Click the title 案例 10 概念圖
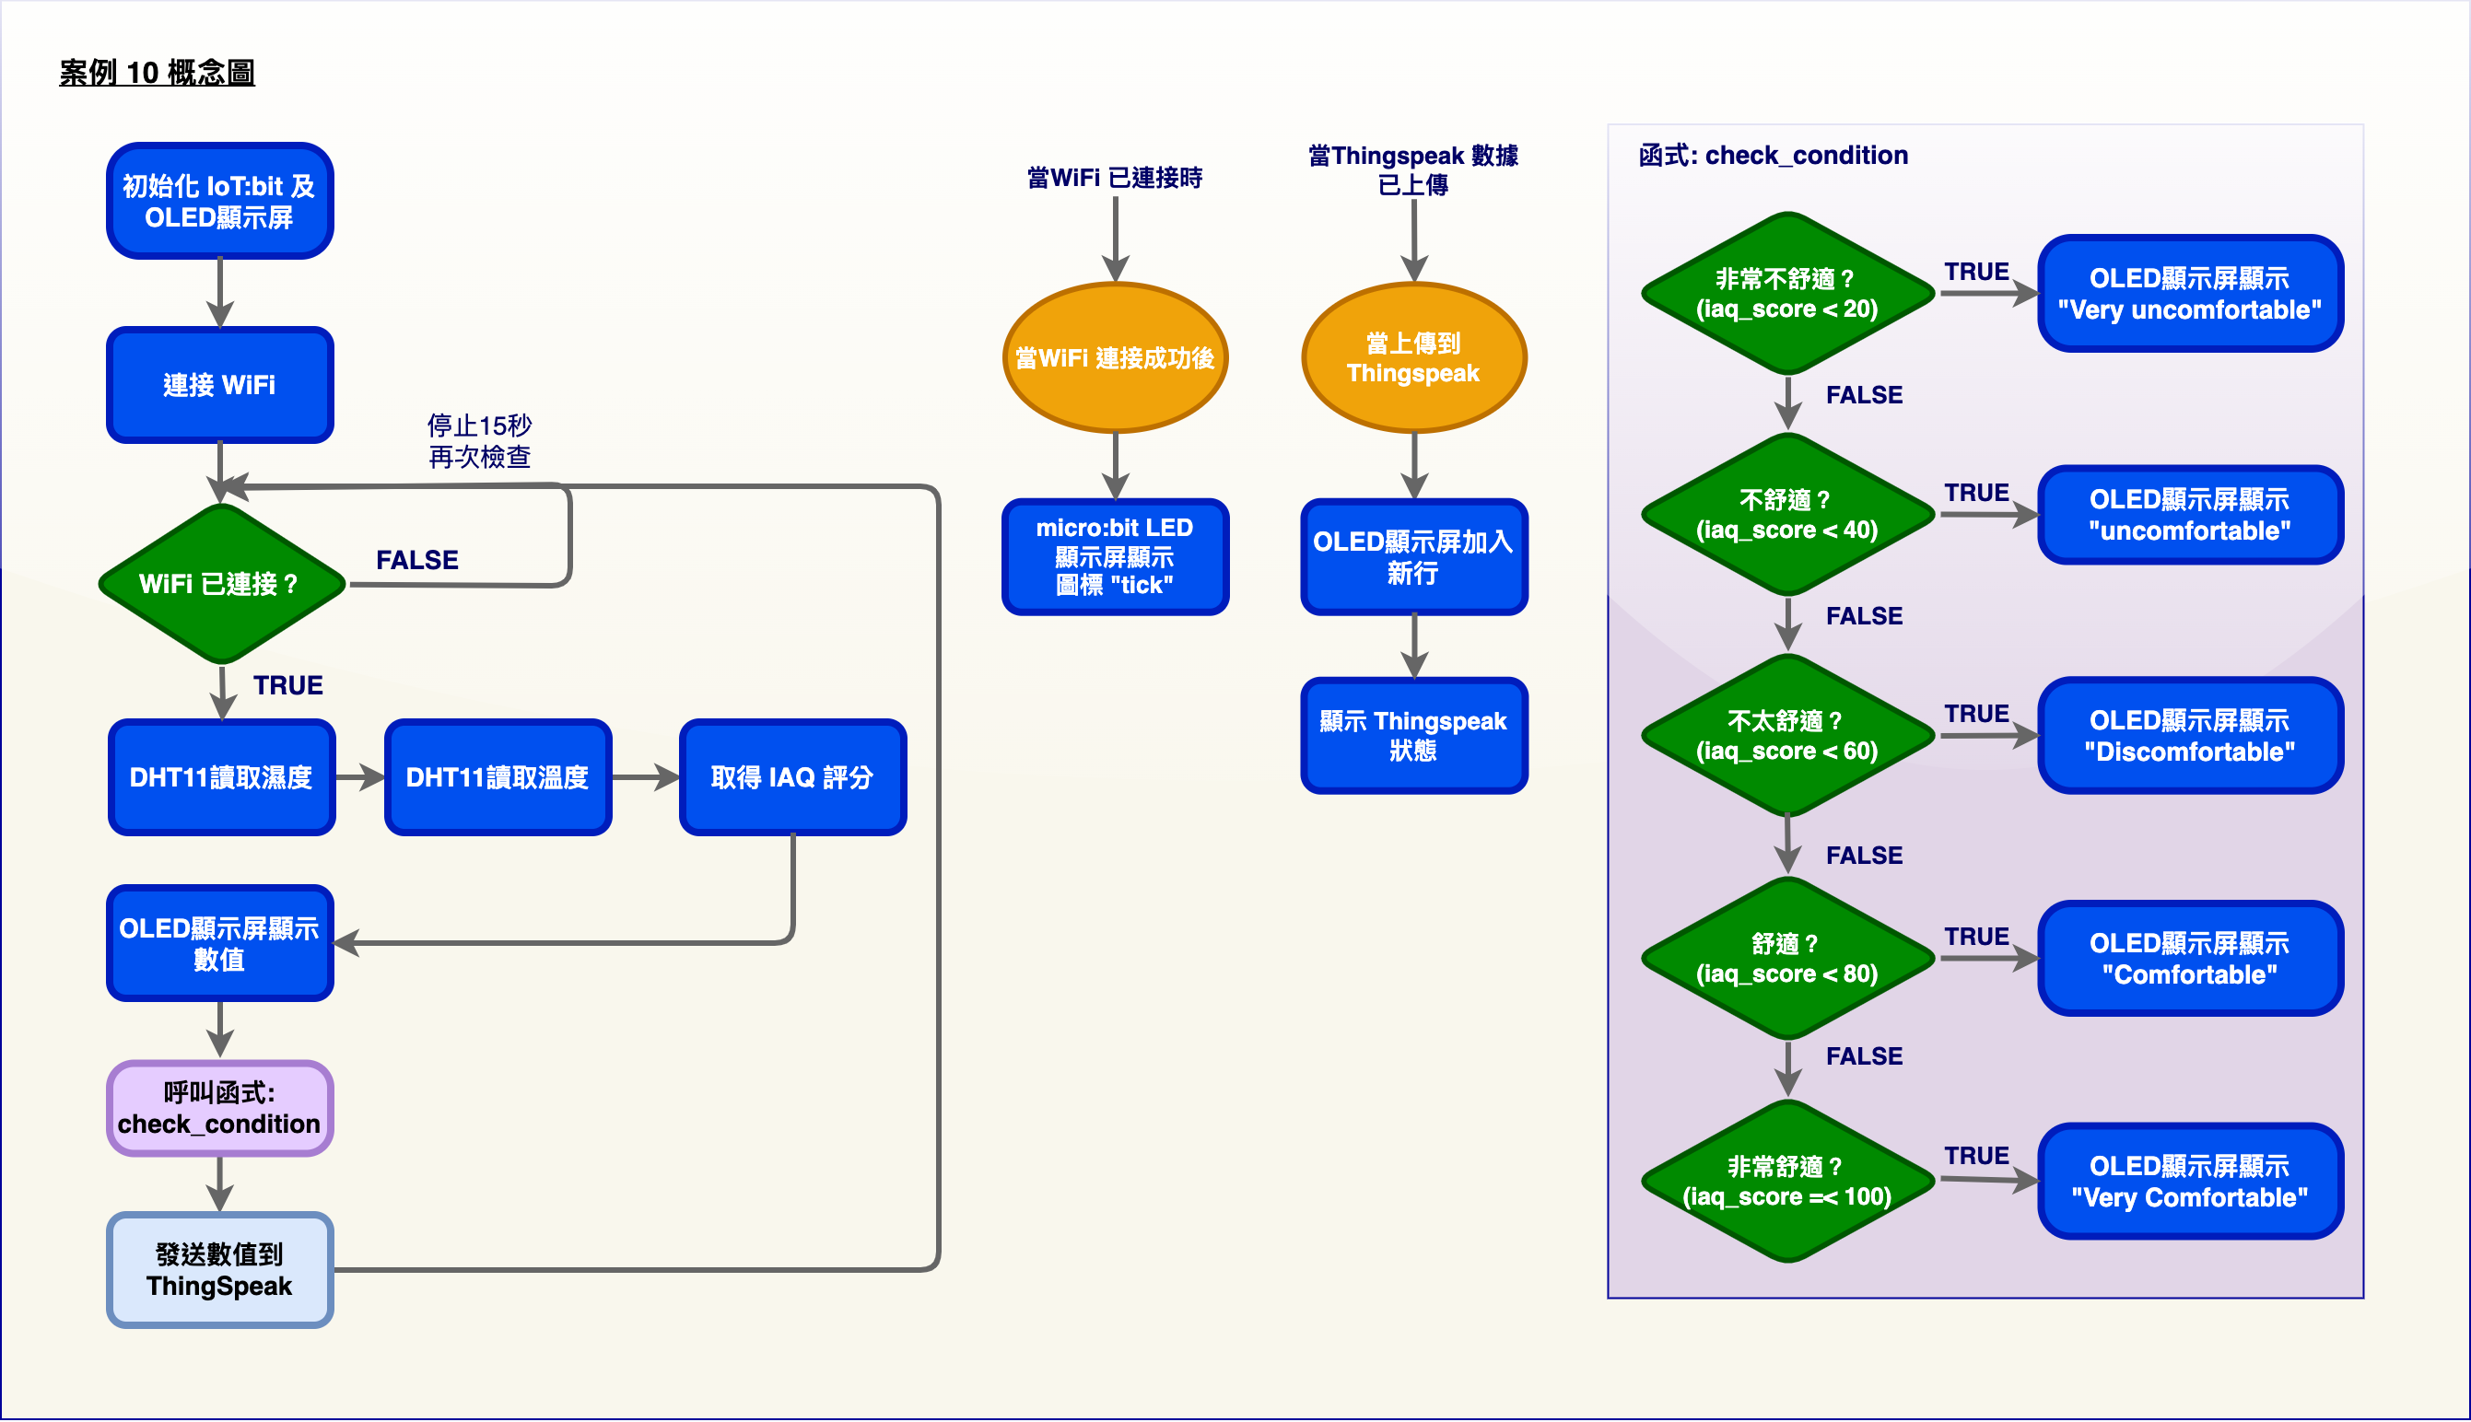coord(157,72)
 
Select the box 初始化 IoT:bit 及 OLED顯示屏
coord(220,200)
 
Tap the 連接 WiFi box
coord(220,385)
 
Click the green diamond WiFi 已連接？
coord(222,584)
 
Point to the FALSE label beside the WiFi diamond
coord(417,560)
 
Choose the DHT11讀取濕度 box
coord(222,777)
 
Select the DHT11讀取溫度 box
coord(498,777)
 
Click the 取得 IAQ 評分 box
coord(792,777)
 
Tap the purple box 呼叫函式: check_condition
coord(220,1109)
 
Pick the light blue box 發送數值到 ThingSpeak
coord(220,1270)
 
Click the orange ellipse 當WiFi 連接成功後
coord(1116,357)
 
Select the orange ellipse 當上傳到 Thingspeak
coord(1414,357)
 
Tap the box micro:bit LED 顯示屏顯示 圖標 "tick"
coord(1116,556)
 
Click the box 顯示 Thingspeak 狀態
coord(1414,736)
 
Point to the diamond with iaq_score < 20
coord(1788,293)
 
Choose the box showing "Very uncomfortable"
coord(2190,293)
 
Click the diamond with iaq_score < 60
coord(1788,736)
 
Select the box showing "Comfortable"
coord(2190,958)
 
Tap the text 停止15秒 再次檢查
coord(479,440)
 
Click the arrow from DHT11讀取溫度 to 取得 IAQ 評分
coord(646,777)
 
